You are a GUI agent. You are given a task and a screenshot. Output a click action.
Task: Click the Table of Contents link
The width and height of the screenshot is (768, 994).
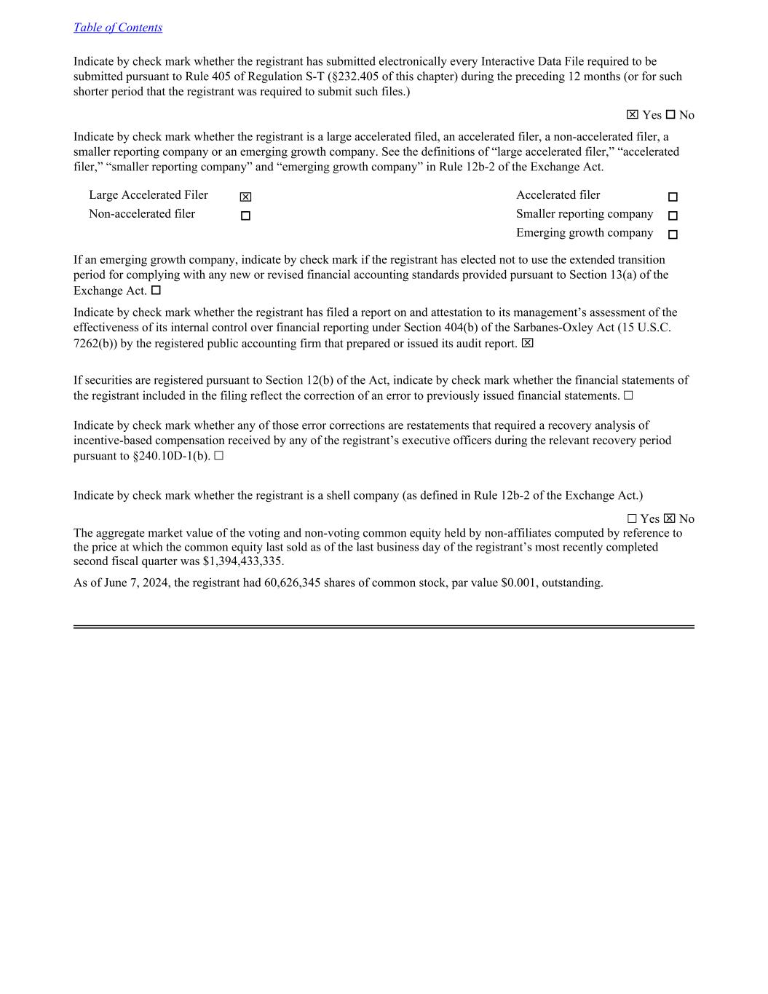118,28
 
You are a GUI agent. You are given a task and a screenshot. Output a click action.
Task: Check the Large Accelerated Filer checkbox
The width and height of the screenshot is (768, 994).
245,197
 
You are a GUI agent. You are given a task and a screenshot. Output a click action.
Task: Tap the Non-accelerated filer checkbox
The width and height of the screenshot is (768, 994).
245,216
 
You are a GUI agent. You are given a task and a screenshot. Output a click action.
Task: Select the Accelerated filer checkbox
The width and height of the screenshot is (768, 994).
673,197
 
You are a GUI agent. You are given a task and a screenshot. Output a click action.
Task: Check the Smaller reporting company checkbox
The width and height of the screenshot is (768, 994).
673,216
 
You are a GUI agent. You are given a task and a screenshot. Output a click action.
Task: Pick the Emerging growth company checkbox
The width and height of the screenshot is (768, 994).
673,235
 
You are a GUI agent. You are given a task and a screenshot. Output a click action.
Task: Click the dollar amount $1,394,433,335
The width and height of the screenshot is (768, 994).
242,561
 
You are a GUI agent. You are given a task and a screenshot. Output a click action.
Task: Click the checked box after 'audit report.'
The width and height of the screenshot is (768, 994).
527,343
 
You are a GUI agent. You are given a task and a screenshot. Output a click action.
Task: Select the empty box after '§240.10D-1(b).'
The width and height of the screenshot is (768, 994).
219,456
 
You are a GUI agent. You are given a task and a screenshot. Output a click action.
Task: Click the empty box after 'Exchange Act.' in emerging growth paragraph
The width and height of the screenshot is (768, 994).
156,291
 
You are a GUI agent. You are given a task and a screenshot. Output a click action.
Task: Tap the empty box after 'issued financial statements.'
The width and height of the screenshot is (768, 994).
628,395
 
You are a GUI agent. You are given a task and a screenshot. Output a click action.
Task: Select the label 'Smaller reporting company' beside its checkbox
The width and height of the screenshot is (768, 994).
585,214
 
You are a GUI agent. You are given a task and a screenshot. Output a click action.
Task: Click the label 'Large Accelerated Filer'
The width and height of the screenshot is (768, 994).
149,195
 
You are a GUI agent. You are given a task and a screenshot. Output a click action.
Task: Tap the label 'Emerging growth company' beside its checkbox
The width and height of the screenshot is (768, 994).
585,233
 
